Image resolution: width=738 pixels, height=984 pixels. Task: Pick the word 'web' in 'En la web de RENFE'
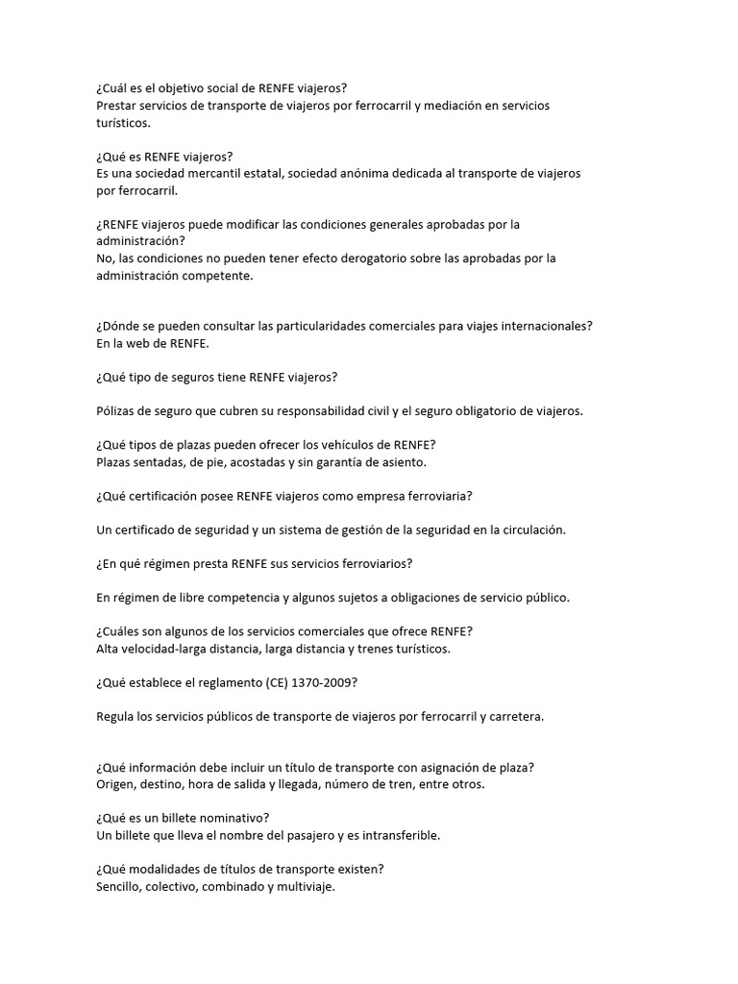coord(140,343)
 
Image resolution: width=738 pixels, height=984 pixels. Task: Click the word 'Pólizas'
coord(117,410)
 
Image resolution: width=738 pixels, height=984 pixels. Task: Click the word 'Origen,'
coord(118,784)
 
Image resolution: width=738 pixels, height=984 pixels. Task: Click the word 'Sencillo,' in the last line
coord(122,886)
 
